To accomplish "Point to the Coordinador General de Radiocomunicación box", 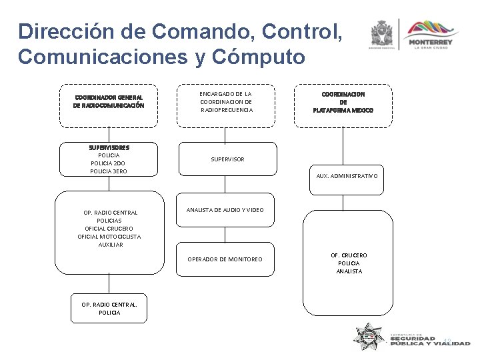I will click(109, 101).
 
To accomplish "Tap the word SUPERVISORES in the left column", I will click(109, 147).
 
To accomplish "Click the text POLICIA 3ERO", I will click(109, 171).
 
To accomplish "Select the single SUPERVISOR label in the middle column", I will click(227, 159).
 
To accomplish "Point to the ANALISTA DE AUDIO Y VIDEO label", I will click(225, 210).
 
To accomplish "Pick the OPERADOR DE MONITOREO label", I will click(225, 259).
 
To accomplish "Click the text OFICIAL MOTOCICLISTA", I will click(109, 237).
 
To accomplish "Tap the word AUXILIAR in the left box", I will click(110, 245).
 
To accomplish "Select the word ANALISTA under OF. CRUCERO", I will click(349, 271).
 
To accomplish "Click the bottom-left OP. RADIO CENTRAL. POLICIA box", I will click(109, 308).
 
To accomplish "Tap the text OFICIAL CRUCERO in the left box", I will click(109, 229).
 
